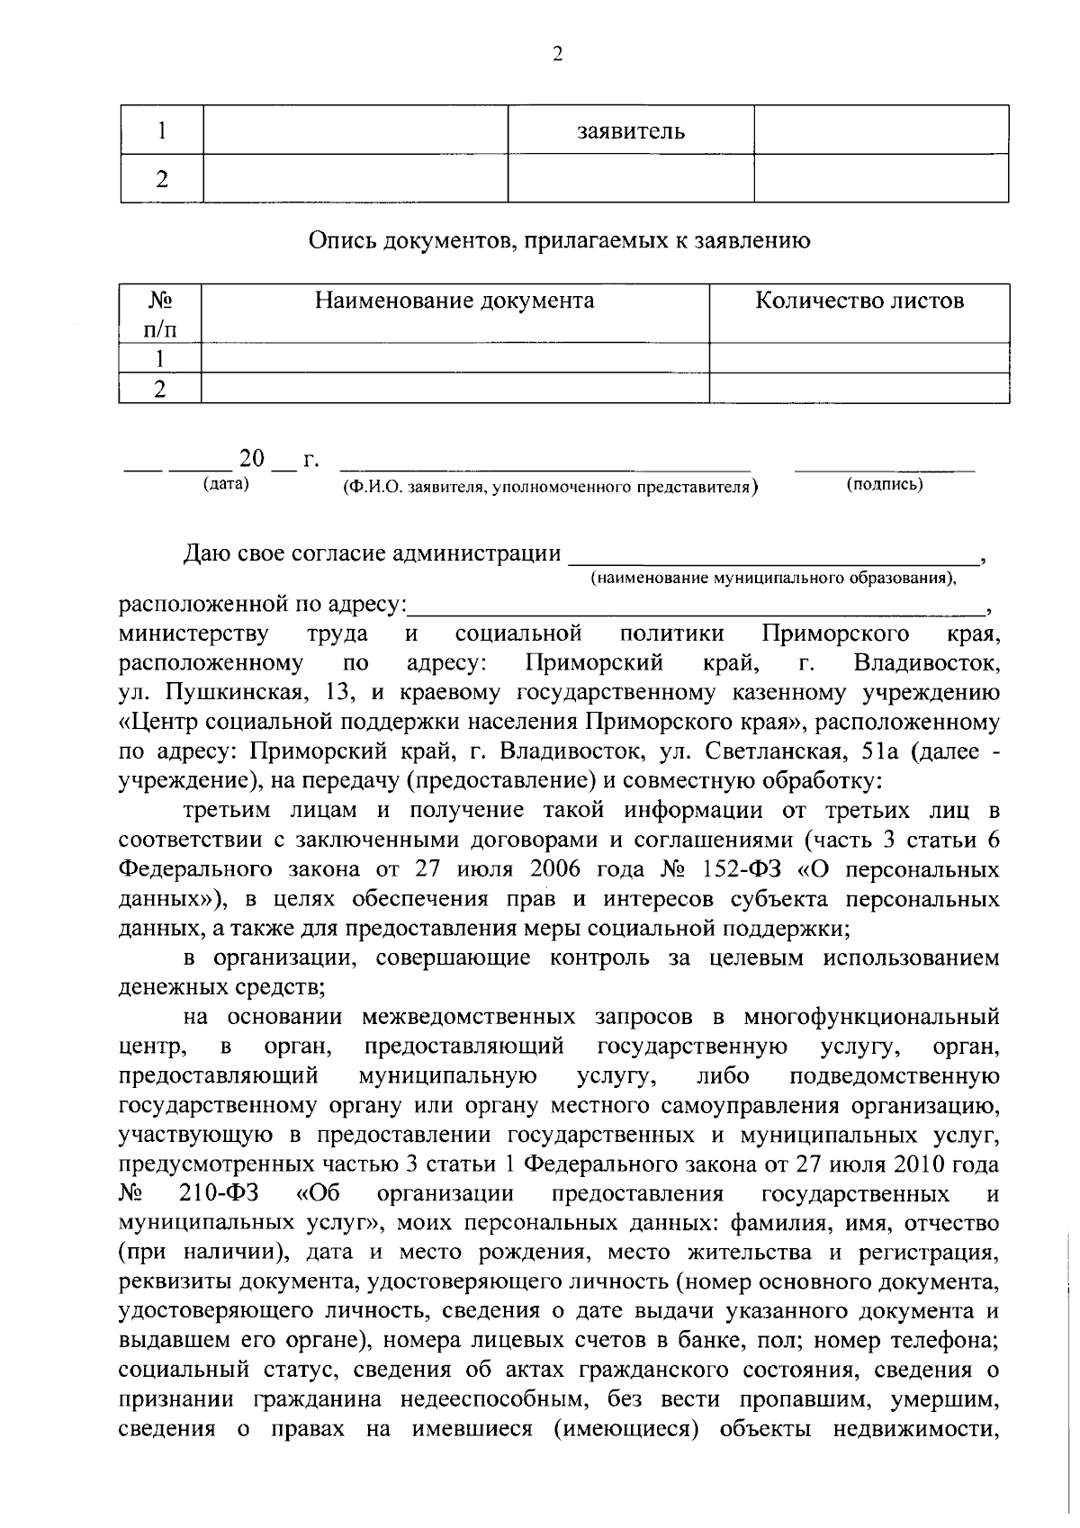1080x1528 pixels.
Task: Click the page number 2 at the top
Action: tap(556, 55)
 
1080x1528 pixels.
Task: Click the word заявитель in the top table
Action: tap(630, 131)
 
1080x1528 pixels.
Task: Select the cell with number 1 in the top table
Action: tap(162, 131)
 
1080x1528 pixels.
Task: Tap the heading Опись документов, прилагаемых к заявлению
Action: tap(559, 240)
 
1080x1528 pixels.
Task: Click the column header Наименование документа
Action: tap(454, 301)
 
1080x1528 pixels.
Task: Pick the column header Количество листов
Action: tap(859, 301)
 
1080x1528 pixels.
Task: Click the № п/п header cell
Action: tap(160, 314)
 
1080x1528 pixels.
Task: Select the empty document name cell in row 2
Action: tap(454, 389)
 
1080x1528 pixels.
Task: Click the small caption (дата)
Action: tap(226, 484)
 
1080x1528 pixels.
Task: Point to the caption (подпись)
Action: tap(885, 484)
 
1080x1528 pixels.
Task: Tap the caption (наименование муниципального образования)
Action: tap(773, 577)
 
